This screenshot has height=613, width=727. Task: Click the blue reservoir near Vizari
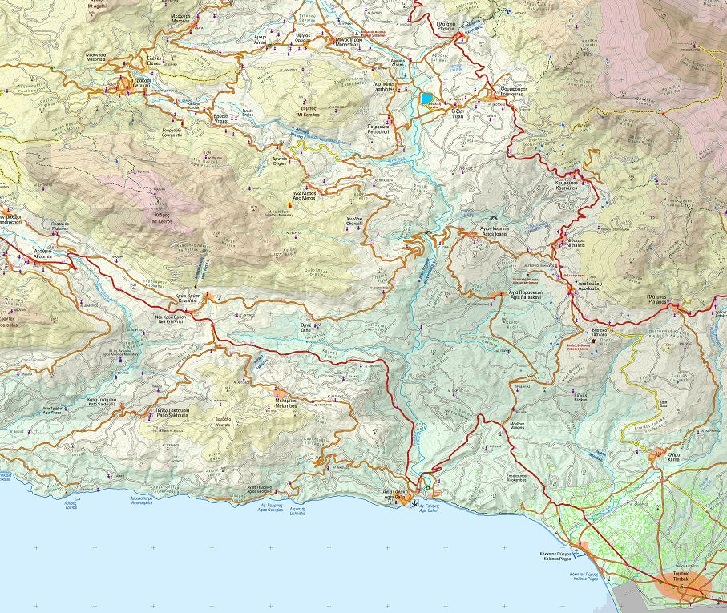426,99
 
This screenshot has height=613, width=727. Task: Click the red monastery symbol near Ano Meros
289,206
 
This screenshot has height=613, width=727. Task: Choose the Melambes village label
286,405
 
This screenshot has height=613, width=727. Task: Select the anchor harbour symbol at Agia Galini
414,504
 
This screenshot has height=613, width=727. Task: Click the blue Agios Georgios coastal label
273,506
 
